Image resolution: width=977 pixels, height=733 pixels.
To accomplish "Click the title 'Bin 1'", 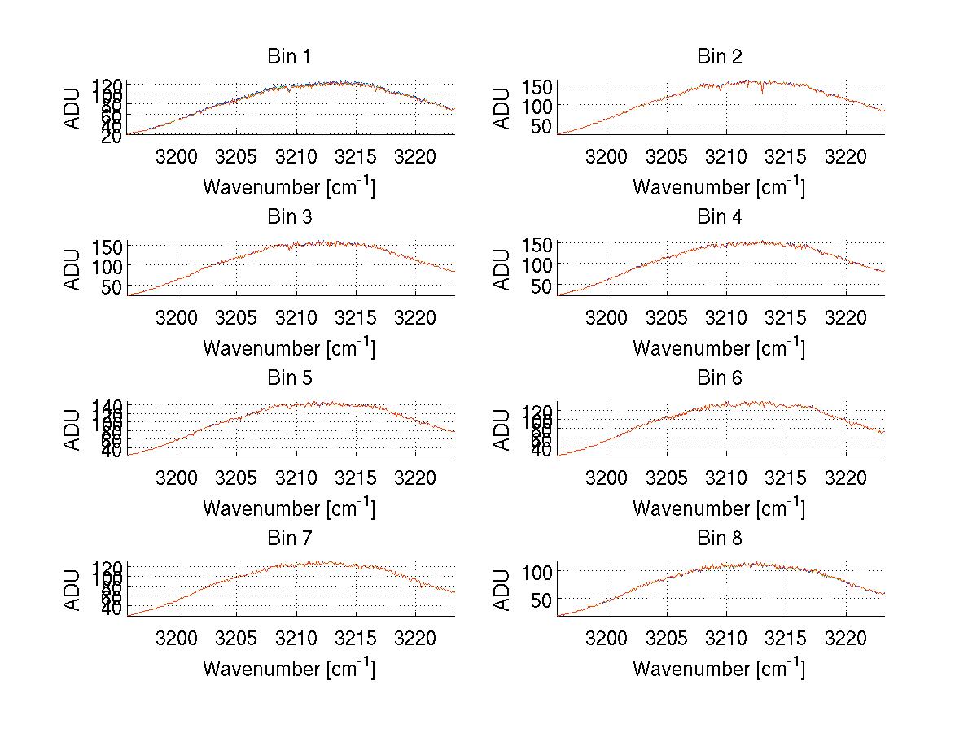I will point(289,57).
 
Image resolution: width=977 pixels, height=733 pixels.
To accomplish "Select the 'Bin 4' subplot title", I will point(720,217).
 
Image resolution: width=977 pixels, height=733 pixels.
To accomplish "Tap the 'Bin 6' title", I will point(720,378).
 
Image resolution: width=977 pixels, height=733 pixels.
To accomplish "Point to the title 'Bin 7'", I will point(289,539).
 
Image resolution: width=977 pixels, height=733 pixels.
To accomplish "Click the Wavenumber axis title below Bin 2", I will point(719,186).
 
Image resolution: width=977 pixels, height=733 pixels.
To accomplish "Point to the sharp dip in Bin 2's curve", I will point(762,94).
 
